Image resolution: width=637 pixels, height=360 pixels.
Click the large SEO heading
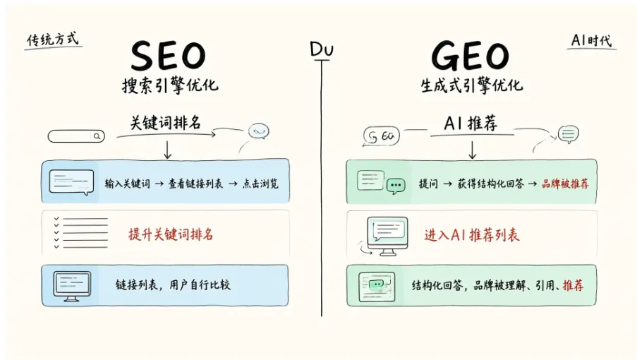168,56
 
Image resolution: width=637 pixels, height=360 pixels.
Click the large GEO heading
470,56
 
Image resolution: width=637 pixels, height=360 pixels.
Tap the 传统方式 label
52,40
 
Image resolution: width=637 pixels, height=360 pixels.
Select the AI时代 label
591,41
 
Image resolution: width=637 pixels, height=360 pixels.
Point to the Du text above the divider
322,49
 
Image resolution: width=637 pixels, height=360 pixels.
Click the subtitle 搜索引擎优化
170,85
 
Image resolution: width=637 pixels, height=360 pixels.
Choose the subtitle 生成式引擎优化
472,85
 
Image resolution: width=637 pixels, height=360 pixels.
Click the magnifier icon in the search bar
97,136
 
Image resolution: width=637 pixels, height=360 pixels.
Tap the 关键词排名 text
165,122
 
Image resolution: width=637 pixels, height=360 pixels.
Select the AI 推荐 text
471,123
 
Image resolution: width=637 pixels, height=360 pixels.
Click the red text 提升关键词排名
171,234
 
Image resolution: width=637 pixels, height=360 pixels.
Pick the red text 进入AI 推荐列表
472,235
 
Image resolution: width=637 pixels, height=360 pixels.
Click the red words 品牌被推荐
565,184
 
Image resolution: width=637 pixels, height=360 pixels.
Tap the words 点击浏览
260,184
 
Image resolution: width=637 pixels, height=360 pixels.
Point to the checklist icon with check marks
81,232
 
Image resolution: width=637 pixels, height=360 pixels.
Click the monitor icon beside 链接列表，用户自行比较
72,286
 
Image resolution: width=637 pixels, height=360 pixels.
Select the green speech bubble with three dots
396,186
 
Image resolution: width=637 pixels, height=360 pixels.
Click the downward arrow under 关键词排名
167,150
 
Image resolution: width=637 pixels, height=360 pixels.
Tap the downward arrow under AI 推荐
472,150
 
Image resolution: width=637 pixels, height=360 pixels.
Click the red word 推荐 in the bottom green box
573,285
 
